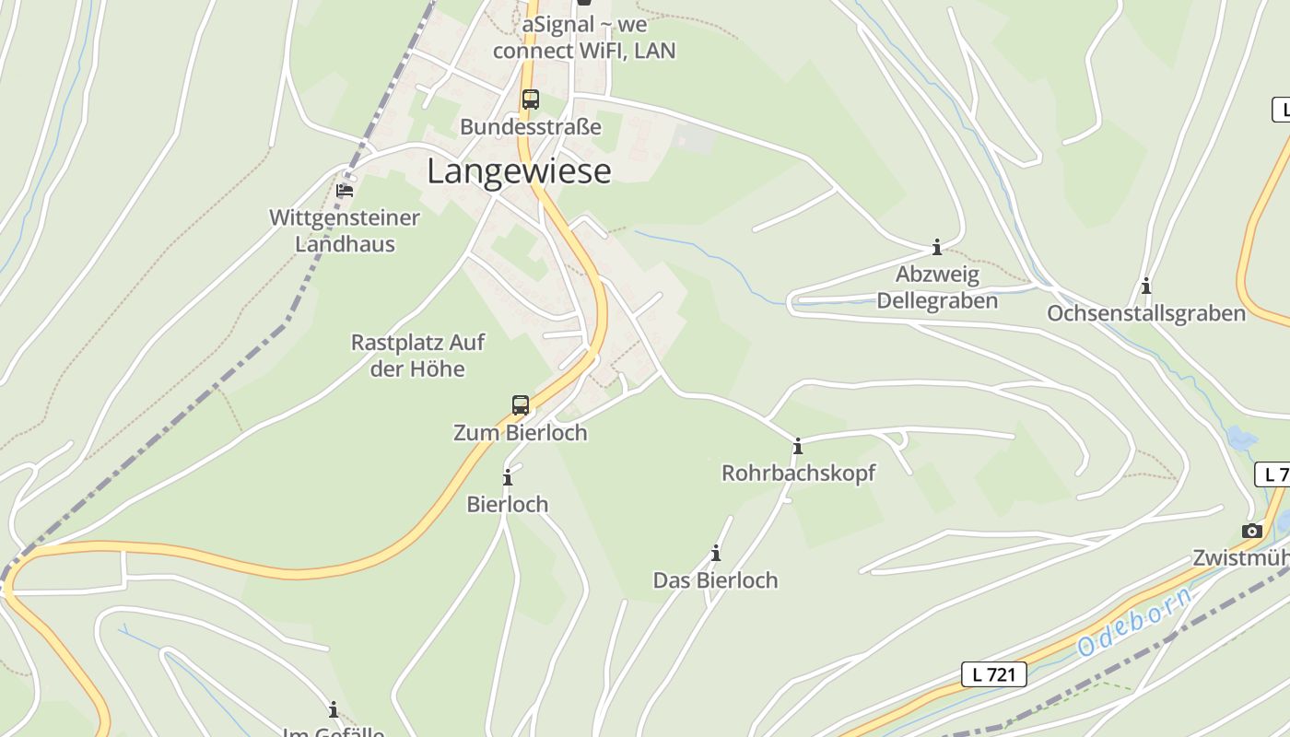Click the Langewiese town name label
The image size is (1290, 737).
point(519,171)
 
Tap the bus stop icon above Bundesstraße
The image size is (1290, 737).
point(530,99)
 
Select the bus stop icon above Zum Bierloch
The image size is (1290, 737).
point(521,405)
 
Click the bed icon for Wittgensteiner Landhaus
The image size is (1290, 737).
point(345,190)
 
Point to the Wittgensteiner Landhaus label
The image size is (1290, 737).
point(345,231)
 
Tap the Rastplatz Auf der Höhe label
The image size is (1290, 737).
point(417,356)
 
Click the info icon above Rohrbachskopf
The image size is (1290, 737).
point(798,447)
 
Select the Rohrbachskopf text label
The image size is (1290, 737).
point(798,474)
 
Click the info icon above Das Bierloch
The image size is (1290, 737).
point(716,554)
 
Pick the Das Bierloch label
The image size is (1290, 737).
point(715,580)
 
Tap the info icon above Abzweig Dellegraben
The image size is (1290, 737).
point(937,247)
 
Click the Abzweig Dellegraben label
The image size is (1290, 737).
point(937,287)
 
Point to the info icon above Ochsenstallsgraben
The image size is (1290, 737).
point(1146,287)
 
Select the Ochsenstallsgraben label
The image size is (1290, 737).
point(1146,313)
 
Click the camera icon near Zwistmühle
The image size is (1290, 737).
point(1251,531)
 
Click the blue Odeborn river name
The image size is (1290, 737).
point(1134,622)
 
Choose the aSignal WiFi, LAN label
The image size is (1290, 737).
point(584,38)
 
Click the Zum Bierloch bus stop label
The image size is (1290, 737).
point(520,432)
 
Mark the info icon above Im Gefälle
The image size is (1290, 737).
point(334,710)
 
